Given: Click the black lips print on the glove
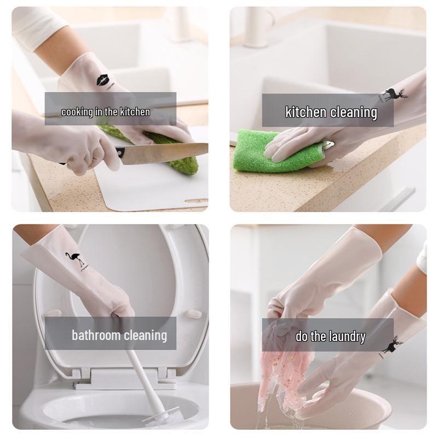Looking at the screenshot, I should pyautogui.click(x=103, y=80).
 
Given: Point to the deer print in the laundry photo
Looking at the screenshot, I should pyautogui.click(x=392, y=345).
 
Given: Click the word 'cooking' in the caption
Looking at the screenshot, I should pyautogui.click(x=77, y=112).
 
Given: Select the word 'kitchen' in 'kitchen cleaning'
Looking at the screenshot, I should pyautogui.click(x=306, y=112).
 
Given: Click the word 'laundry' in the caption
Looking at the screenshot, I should pyautogui.click(x=347, y=336).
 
